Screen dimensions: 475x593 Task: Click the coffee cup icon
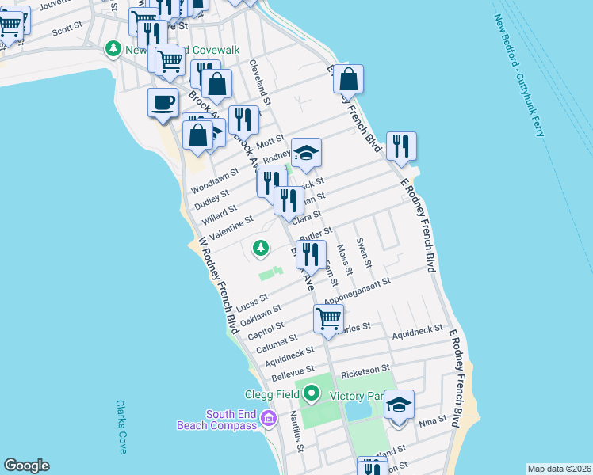coord(163,103)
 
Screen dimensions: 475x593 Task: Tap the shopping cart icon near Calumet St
coord(328,318)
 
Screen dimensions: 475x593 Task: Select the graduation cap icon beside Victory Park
coord(400,405)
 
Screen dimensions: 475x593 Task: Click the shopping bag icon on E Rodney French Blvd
coord(348,78)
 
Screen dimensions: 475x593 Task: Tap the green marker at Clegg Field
coord(312,393)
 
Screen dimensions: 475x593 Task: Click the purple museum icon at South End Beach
coord(269,417)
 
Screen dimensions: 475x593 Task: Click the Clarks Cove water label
coord(121,427)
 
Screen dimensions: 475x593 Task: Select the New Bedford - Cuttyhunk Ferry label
coord(520,75)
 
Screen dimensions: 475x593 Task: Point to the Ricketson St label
coord(365,369)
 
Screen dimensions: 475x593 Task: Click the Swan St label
coord(364,253)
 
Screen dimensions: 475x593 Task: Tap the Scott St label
coord(67,30)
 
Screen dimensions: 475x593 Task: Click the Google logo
coord(26,465)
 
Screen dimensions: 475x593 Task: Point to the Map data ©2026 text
coord(558,468)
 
